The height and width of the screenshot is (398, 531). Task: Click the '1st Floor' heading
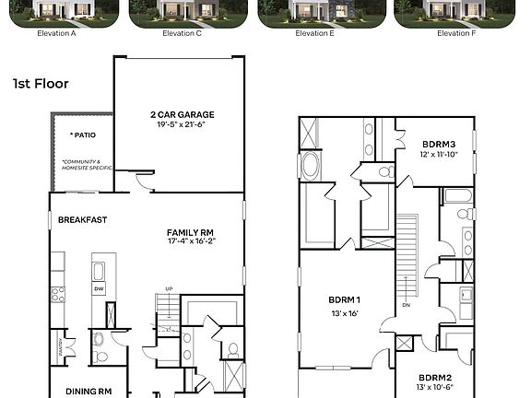click(41, 84)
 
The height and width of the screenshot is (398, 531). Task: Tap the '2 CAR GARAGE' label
click(182, 115)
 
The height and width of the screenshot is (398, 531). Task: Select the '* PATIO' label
click(82, 135)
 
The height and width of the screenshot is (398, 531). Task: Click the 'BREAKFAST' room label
click(83, 220)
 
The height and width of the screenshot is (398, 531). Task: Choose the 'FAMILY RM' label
click(191, 232)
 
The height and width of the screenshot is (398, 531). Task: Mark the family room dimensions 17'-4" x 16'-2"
click(191, 243)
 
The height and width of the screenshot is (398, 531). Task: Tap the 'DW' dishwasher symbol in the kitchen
click(99, 288)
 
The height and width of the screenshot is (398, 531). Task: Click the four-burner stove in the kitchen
click(57, 295)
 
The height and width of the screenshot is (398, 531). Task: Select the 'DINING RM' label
click(88, 391)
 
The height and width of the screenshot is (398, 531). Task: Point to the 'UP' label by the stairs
click(168, 289)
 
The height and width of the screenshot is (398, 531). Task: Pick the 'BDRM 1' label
click(345, 300)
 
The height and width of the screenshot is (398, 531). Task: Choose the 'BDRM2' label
click(434, 378)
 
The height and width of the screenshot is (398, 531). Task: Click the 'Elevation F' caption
click(454, 33)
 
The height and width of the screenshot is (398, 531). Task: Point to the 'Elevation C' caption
click(183, 33)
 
